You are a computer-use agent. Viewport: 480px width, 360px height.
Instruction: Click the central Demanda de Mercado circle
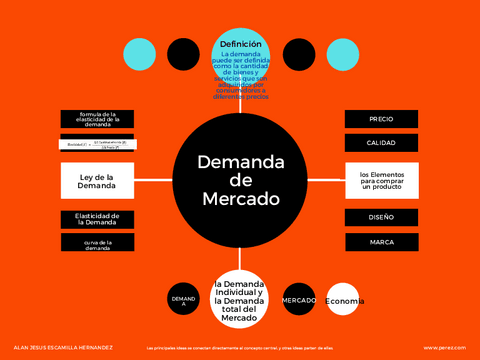[240, 180]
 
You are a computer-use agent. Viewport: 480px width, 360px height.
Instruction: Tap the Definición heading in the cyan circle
[240, 44]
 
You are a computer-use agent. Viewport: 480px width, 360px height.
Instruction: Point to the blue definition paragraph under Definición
[240, 75]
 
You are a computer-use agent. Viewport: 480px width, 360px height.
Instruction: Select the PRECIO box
[381, 119]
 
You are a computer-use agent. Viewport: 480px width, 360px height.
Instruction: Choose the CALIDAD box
[381, 143]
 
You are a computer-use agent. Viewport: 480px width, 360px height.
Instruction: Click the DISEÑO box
[381, 217]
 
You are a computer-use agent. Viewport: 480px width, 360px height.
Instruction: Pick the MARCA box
[381, 242]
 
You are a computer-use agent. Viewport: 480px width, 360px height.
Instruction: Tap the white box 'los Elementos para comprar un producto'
[381, 180]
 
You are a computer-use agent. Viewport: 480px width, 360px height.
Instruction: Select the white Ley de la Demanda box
[97, 181]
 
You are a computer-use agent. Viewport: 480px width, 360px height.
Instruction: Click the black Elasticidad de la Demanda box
[97, 218]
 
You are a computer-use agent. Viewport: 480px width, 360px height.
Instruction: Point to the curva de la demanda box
[97, 243]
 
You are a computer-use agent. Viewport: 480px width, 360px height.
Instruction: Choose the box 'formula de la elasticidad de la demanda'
[97, 120]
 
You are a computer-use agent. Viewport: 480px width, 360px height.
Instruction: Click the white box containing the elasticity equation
[97, 145]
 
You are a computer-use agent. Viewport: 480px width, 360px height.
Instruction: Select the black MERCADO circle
[299, 300]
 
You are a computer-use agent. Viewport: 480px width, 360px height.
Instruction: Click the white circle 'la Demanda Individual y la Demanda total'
[240, 300]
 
